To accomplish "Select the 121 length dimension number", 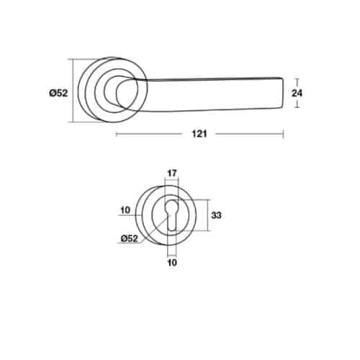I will point(199,134).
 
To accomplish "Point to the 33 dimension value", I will point(217,215).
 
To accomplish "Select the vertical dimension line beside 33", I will point(208,215).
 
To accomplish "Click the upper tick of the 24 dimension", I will point(296,76).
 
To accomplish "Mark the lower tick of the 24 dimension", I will point(296,107).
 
